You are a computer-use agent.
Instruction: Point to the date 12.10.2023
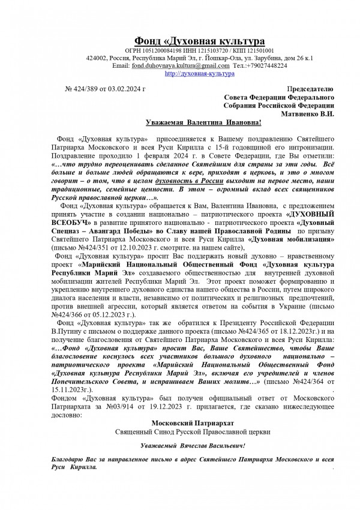pyautogui.click(x=124, y=263)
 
